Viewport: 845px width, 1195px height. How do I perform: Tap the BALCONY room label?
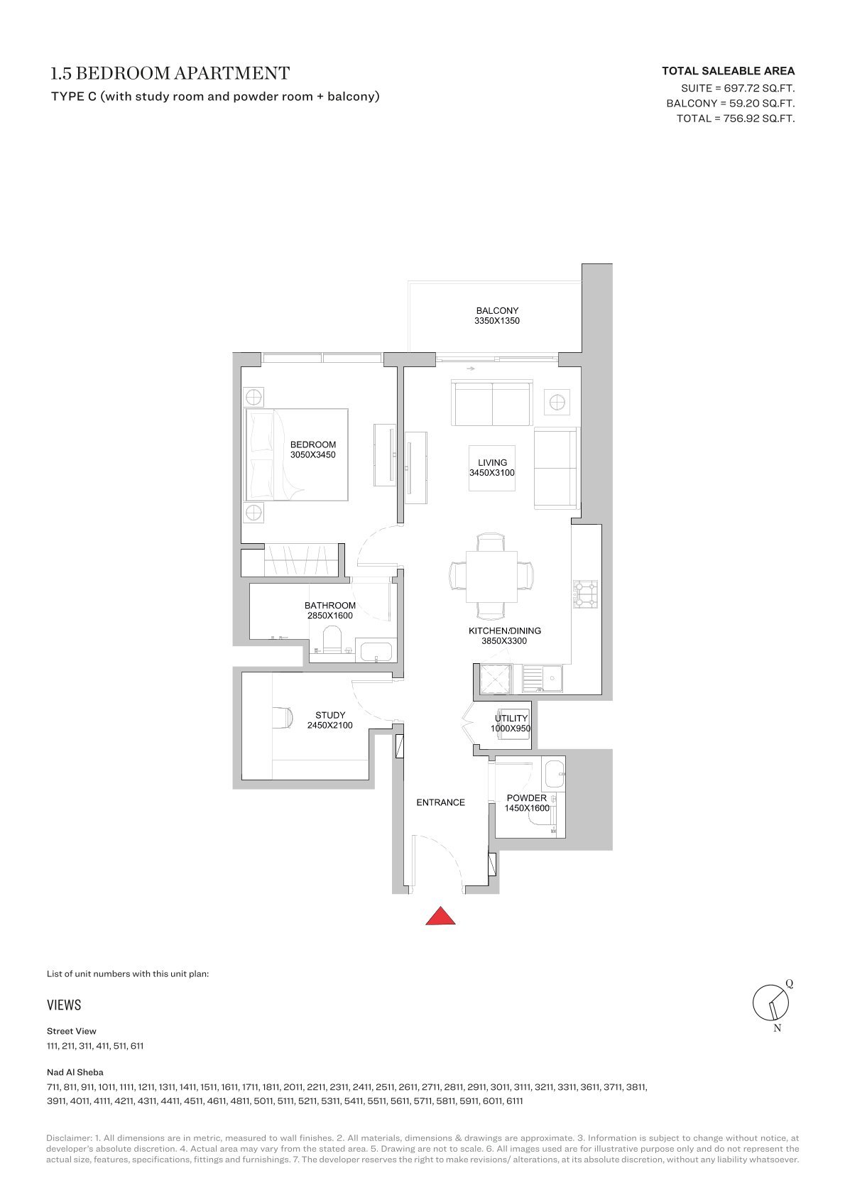pos(497,310)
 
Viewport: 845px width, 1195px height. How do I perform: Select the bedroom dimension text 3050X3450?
pos(312,454)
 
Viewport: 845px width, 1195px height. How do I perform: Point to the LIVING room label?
pos(492,462)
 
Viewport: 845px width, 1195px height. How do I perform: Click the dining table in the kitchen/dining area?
pos(491,576)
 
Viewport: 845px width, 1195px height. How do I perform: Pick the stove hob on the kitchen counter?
pos(585,594)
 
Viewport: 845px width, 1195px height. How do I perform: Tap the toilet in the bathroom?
pos(332,638)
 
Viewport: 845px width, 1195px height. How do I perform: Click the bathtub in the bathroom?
pos(376,652)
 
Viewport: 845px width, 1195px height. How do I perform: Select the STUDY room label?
pos(330,715)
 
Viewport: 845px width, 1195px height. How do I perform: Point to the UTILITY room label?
pos(511,718)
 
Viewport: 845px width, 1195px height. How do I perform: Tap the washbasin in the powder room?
pos(555,774)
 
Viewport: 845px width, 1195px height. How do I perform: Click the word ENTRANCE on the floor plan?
pos(441,802)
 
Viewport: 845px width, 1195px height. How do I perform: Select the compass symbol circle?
pos(770,1003)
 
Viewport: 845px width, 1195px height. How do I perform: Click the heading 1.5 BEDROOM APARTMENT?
pos(170,73)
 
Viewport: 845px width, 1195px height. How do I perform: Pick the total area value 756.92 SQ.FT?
pos(758,119)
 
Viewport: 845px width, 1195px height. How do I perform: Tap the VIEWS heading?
pos(64,1005)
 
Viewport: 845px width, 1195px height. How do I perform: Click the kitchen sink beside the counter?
pos(542,679)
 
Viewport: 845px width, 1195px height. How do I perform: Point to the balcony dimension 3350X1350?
pos(496,321)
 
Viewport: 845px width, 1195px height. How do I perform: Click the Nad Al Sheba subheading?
pos(75,1071)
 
